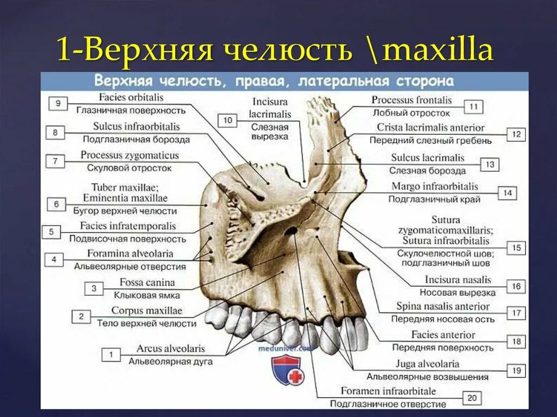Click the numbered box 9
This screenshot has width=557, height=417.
pos(58,103)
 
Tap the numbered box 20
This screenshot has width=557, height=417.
pos(472,398)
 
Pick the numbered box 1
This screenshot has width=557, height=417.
pos(111,355)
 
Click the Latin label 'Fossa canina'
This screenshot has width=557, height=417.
pos(147,283)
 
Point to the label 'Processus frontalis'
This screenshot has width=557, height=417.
pos(411,100)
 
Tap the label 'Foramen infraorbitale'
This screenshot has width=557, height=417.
pos(388,391)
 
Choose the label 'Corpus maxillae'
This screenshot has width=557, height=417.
pos(146,311)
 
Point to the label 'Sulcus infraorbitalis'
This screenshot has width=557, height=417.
pos(136,127)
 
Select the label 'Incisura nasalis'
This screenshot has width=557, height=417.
pos(458,280)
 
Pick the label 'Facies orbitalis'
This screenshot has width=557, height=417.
pos(131,98)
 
